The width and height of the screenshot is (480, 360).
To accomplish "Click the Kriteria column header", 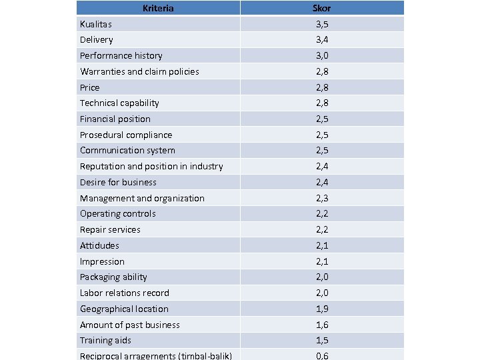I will (x=158, y=8).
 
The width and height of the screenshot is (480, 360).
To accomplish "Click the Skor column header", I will (x=321, y=8).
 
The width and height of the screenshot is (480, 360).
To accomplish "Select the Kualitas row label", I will (x=96, y=24).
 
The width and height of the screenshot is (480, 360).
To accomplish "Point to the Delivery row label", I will (x=97, y=39).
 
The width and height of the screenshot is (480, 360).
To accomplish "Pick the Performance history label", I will (x=121, y=55).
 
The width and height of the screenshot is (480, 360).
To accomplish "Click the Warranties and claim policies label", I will (x=139, y=71).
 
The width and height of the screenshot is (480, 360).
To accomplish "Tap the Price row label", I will (x=89, y=87).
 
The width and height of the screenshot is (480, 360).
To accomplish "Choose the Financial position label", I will (x=115, y=119).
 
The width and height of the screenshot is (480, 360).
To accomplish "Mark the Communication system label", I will (x=127, y=150).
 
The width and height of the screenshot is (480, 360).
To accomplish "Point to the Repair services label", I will (x=110, y=229).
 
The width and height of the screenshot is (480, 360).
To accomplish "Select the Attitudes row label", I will (x=99, y=245).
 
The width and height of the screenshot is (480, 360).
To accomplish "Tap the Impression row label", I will (x=102, y=261).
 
